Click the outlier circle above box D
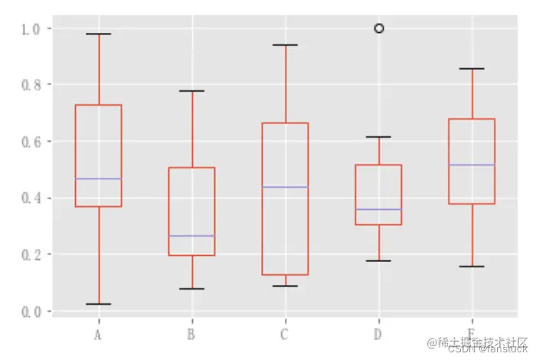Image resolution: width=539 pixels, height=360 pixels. (378, 28)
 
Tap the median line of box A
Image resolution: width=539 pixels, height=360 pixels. (98, 178)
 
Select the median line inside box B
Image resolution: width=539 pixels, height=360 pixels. (191, 236)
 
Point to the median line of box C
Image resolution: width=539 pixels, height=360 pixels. (285, 187)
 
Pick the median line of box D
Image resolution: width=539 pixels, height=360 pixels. (378, 209)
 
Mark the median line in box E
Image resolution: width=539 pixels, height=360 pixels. (472, 165)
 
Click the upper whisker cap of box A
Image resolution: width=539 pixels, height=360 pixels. (98, 34)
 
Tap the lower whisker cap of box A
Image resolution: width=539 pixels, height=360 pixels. (98, 304)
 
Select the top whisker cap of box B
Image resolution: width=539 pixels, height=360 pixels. (191, 91)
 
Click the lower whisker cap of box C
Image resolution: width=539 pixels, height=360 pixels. (285, 286)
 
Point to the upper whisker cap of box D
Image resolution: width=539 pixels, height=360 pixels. (378, 137)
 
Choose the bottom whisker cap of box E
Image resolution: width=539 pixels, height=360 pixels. (472, 267)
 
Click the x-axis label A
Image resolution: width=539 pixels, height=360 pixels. (98, 335)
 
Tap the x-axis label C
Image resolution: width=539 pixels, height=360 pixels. (285, 335)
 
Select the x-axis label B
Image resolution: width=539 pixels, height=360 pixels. (191, 335)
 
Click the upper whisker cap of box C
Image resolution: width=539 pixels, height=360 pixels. (285, 45)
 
